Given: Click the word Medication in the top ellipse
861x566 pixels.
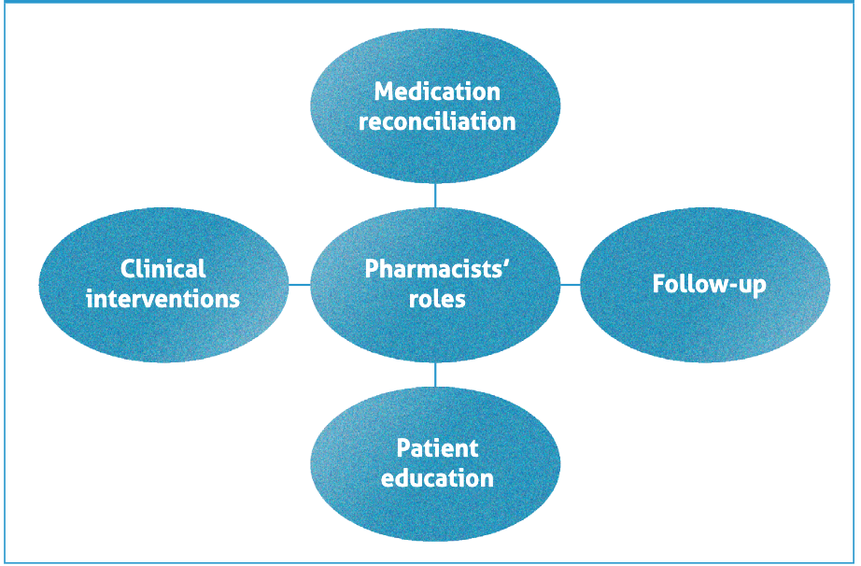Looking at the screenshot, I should pos(437,92).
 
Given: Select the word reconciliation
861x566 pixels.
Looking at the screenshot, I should pos(437,121).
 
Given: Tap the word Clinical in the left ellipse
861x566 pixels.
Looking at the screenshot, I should pos(162,269).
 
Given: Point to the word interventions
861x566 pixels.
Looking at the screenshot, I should pos(162,299).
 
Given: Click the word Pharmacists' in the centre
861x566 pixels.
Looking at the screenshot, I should pos(436,269).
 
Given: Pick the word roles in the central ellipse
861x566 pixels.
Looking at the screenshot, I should pos(436,299).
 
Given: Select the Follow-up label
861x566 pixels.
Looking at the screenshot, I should pos(709,284).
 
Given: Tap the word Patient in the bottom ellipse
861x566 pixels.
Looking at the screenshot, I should pos(437,447).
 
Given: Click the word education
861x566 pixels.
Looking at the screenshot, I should pos(437,478).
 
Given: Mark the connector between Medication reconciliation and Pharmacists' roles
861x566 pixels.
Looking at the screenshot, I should pos(435,195).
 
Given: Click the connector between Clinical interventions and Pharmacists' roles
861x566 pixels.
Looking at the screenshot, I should pos(299,284).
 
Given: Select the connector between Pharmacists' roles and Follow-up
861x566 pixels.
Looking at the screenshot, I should pos(571,284).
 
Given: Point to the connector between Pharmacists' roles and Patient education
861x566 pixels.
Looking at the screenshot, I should pos(435,375).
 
